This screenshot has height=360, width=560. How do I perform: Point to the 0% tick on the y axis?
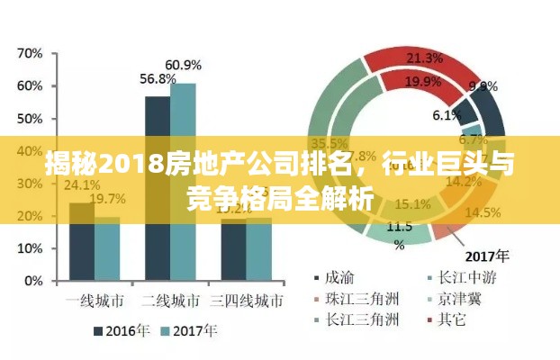point(33,281)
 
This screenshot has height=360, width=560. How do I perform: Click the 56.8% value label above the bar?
point(158,79)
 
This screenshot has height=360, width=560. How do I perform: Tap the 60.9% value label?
point(183,65)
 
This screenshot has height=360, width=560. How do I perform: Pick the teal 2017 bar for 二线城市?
point(183,181)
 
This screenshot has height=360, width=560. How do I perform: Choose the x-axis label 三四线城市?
point(247,299)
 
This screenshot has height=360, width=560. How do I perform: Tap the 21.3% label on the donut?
point(424,58)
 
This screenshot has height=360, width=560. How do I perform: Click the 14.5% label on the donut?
point(483,212)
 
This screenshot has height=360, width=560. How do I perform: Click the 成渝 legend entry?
point(339,275)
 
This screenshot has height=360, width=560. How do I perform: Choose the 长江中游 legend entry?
point(461,275)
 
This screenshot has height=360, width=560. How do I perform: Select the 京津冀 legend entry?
point(454,297)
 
